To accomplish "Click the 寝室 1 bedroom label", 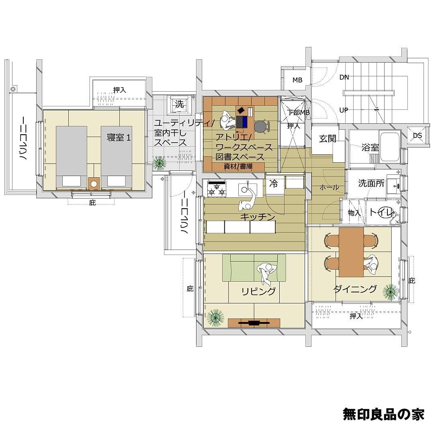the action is (119, 137).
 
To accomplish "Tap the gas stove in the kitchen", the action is (217, 189).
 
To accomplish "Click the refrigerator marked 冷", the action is (274, 184).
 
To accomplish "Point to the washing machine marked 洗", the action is (179, 104).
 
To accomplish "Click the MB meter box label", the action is (297, 80).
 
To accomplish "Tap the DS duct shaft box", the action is (418, 135).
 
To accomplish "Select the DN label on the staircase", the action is (344, 77).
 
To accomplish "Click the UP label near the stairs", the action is (344, 110).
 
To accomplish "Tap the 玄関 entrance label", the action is (328, 138).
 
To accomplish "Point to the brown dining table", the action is (351, 252).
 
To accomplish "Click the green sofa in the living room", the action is (254, 268).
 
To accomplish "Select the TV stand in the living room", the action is (254, 322).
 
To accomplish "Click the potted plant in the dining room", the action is (390, 292).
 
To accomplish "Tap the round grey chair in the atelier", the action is (261, 127).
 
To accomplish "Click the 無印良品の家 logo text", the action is (383, 414).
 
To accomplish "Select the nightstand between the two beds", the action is (94, 184).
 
